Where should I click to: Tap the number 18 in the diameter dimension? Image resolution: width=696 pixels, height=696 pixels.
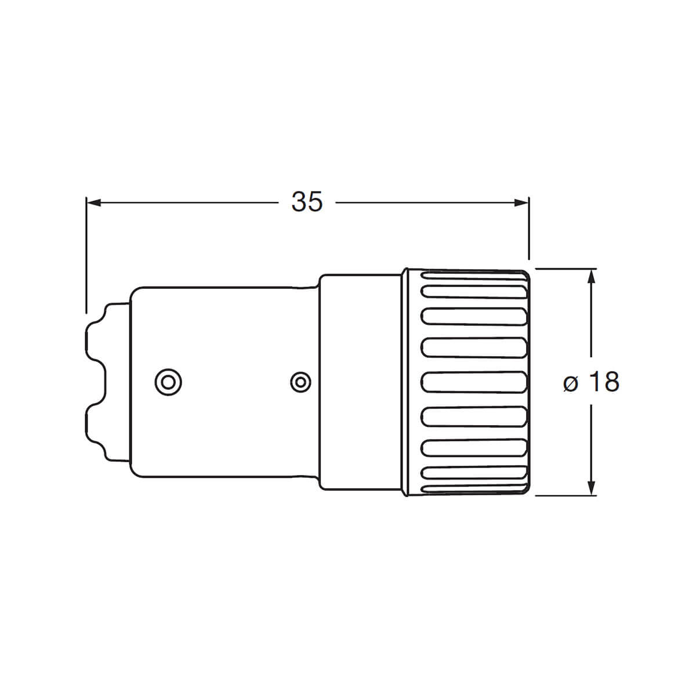click(604, 382)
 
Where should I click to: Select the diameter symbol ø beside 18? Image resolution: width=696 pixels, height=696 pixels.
click(571, 383)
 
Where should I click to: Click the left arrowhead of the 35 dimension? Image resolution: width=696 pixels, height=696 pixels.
click(93, 202)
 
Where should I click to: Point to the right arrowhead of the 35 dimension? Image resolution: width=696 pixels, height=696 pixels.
click(521, 202)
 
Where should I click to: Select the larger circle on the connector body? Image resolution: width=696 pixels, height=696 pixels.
click(168, 382)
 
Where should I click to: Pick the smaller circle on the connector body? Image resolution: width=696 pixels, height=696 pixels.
click(300, 382)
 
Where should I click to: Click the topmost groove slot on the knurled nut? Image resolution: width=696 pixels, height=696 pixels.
click(473, 275)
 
